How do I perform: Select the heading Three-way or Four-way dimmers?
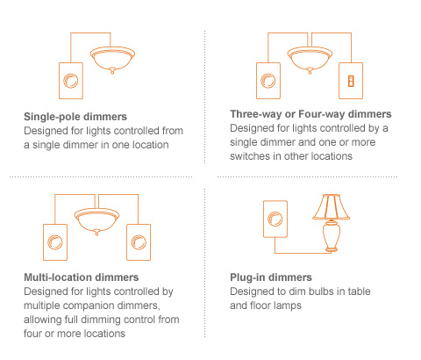(310, 115)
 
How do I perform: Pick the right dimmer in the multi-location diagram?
(139, 242)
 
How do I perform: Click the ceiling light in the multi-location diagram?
(96, 219)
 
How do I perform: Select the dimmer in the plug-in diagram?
(275, 218)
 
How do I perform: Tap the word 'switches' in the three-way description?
(254, 155)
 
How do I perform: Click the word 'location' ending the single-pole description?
(149, 143)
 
